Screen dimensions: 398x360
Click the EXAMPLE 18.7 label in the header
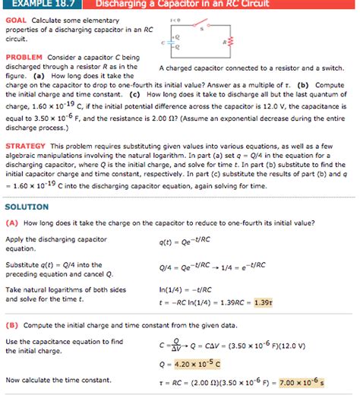(x=36, y=5)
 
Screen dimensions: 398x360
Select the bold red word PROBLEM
(x=23, y=57)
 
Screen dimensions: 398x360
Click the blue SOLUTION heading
(x=27, y=207)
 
